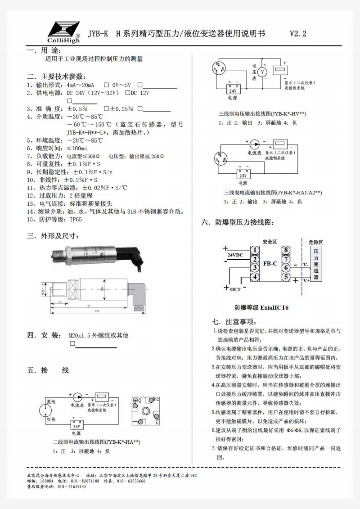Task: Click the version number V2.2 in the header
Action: [x=298, y=34]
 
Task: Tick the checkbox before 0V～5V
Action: [x=106, y=85]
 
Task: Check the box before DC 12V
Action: [x=127, y=93]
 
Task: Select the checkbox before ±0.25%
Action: [x=106, y=109]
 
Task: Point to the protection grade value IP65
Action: [x=76, y=220]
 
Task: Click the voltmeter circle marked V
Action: [x=265, y=72]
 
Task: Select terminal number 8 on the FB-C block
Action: [x=286, y=250]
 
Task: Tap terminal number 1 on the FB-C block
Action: [x=255, y=250]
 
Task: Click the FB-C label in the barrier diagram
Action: [x=270, y=263]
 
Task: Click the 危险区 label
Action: [x=316, y=242]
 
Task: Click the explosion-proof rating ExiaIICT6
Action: [x=261, y=308]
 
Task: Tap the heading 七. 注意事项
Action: [x=234, y=322]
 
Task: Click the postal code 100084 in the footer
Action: [x=46, y=481]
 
